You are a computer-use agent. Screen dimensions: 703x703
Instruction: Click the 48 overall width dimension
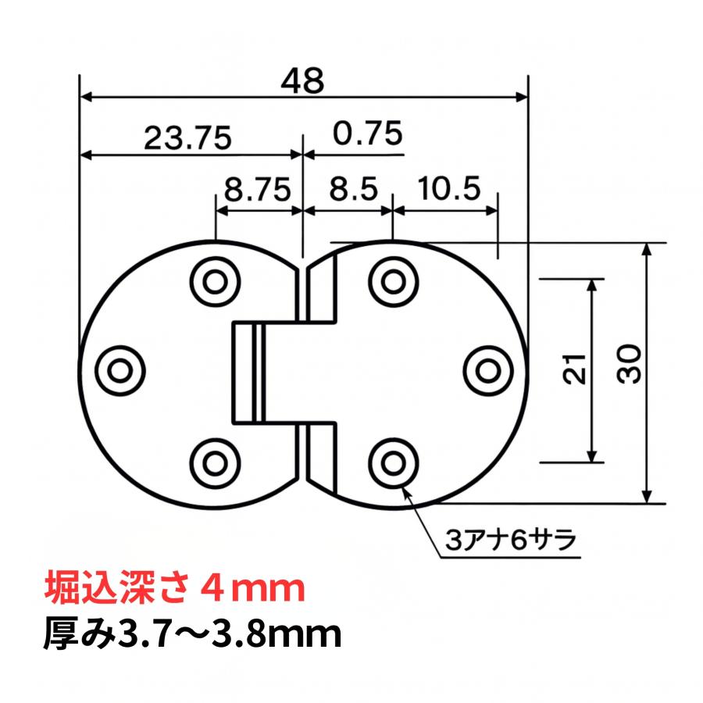coord(303,81)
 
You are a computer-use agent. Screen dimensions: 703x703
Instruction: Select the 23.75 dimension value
coord(187,138)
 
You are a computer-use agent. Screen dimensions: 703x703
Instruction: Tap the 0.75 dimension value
coord(367,134)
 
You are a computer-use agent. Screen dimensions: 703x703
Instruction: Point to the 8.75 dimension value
coord(257,190)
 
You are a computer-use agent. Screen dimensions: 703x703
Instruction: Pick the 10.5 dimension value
coord(448,190)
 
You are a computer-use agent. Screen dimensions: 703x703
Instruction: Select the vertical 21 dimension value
coord(576,367)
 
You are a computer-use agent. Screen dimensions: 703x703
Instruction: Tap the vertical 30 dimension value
coord(631,364)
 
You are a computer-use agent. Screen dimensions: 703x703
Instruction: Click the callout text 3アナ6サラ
coord(509,540)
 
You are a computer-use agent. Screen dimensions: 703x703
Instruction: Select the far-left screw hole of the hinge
coord(122,366)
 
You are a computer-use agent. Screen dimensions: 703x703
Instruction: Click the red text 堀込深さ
coord(113,587)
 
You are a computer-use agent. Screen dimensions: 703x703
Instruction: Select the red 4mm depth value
coord(252,587)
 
